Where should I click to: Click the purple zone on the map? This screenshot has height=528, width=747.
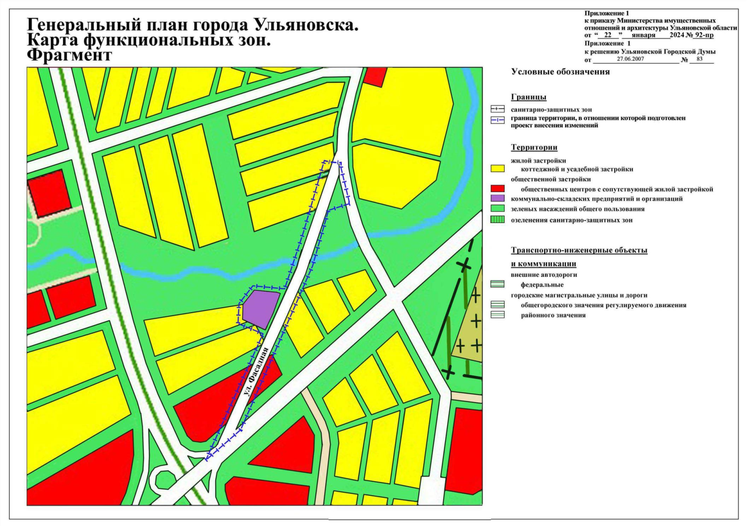(260, 308)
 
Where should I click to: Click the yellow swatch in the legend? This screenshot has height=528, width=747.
(497, 169)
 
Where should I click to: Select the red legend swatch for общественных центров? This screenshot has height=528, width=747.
(497, 189)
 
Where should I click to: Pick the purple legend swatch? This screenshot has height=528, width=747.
(497, 198)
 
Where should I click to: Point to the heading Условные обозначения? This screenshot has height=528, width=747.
(560, 72)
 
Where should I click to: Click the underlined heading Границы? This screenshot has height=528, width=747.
(528, 97)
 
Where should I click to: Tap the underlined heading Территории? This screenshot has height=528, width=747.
(534, 147)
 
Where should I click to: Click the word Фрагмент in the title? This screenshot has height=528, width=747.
(70, 56)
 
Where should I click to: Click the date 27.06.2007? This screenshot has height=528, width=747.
(630, 59)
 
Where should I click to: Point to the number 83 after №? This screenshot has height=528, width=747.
(699, 59)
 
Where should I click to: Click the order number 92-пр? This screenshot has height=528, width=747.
(702, 35)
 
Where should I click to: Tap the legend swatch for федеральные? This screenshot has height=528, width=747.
(497, 284)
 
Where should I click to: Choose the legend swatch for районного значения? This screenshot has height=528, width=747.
(497, 315)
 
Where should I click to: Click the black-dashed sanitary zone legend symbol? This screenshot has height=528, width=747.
(497, 109)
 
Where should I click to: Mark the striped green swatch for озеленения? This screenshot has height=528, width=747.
(497, 220)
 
